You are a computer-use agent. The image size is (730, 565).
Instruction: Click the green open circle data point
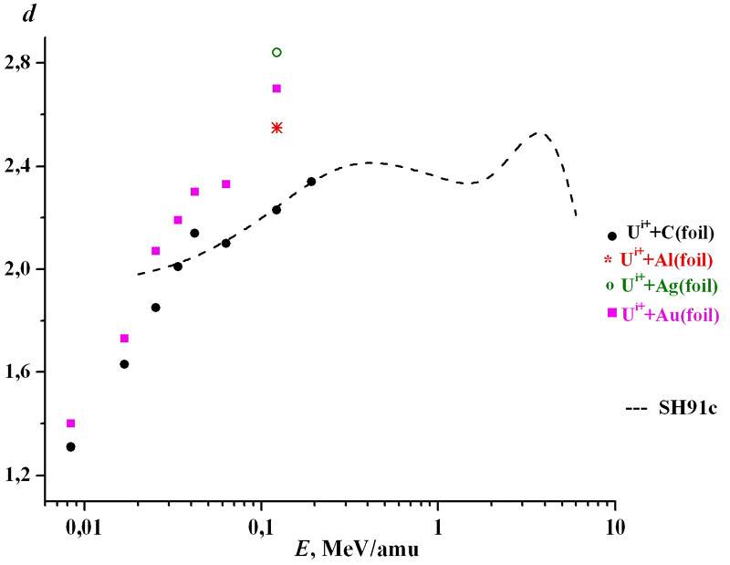click(x=276, y=52)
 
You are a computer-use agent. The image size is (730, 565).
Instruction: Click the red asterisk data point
click(x=276, y=128)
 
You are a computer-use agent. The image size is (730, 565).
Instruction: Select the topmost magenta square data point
click(x=276, y=89)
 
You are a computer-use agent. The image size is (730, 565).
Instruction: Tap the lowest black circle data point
click(x=70, y=446)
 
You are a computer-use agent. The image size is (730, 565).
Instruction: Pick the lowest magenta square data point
click(x=70, y=424)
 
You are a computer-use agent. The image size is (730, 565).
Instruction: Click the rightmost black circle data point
click(x=311, y=182)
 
